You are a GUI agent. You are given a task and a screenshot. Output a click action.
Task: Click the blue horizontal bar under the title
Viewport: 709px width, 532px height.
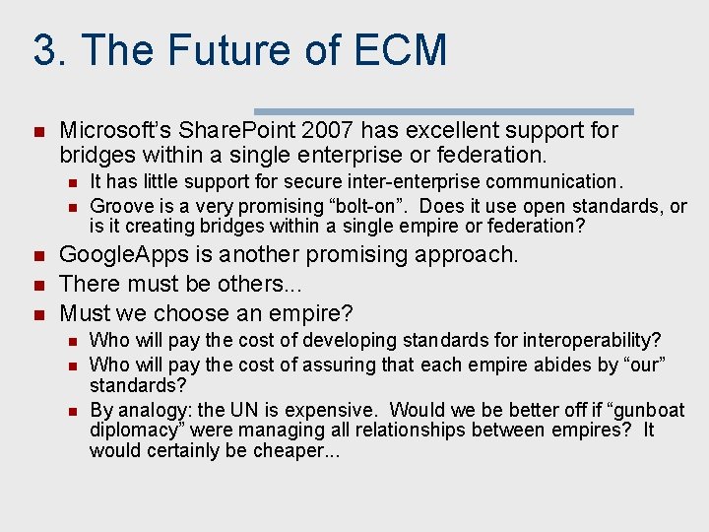tap(444, 111)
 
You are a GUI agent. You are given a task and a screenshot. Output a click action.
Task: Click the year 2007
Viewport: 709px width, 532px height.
tap(331, 130)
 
